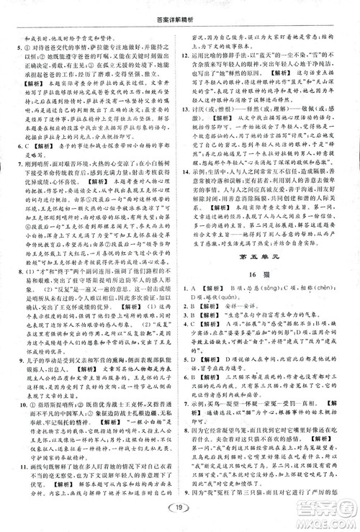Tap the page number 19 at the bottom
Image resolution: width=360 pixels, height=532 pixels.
coord(179,514)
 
